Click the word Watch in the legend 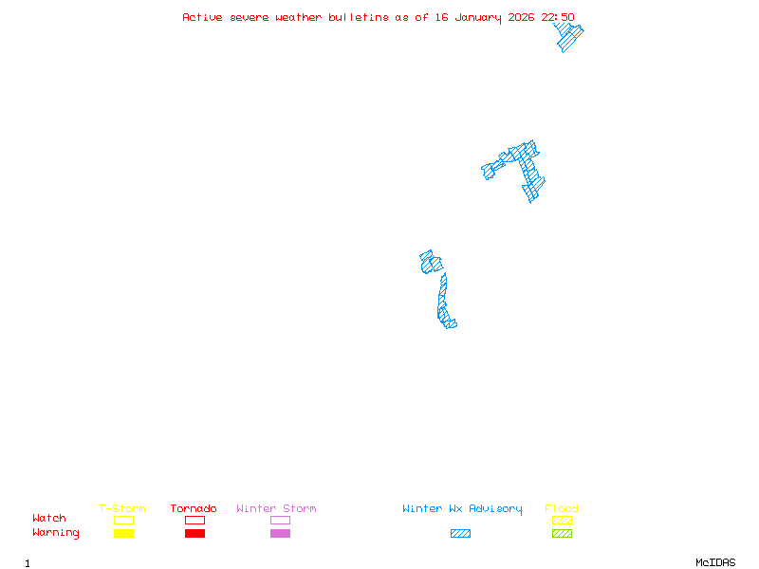pyautogui.click(x=49, y=519)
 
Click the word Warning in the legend pyautogui.click(x=56, y=533)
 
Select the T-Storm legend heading pyautogui.click(x=122, y=509)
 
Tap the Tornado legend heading pyautogui.click(x=194, y=509)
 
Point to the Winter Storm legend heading pyautogui.click(x=276, y=509)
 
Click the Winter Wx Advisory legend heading pyautogui.click(x=462, y=509)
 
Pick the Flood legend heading pyautogui.click(x=562, y=509)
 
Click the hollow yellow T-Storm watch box pyautogui.click(x=123, y=520)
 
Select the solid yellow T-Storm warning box pyautogui.click(x=123, y=534)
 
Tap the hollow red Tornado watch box pyautogui.click(x=194, y=520)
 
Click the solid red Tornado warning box pyautogui.click(x=194, y=534)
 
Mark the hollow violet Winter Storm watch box pyautogui.click(x=280, y=520)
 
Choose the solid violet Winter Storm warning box pyautogui.click(x=280, y=534)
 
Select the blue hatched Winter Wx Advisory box pyautogui.click(x=460, y=534)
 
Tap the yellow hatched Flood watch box pyautogui.click(x=562, y=520)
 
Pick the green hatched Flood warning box pyautogui.click(x=562, y=534)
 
